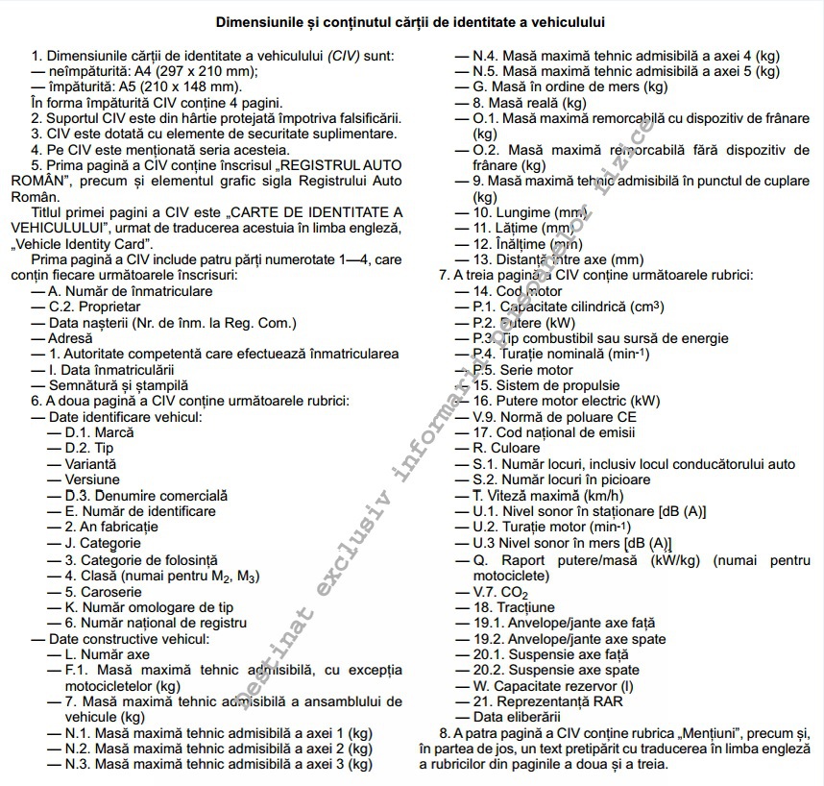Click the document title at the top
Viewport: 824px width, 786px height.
[410, 21]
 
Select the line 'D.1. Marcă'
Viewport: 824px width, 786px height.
[99, 432]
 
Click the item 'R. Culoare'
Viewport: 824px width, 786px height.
[507, 449]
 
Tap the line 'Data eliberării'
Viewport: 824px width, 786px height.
[517, 717]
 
